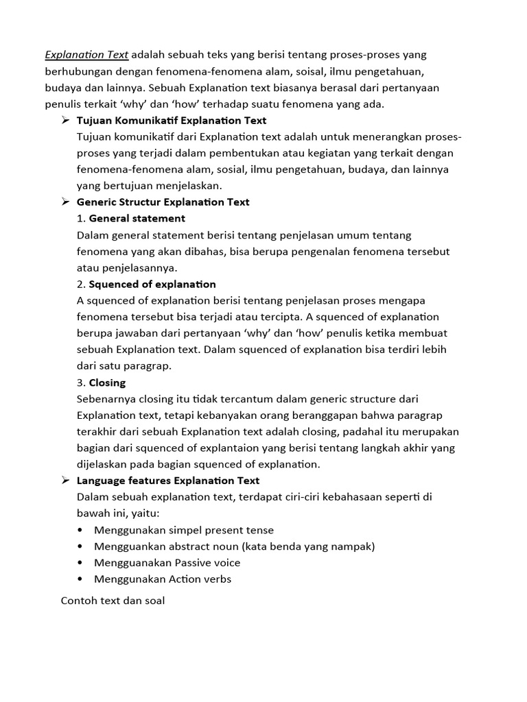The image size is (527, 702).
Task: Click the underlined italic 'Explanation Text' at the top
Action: pos(86,55)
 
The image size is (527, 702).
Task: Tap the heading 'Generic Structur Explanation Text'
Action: pos(163,202)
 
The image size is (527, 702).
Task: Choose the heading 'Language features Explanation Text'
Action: pos(168,481)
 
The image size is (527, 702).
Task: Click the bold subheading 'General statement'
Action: pos(137,219)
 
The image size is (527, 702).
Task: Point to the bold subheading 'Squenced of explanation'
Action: pos(152,284)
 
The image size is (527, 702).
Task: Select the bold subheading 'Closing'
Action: pos(107,383)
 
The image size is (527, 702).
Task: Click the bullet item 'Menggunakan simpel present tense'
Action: pos(184,530)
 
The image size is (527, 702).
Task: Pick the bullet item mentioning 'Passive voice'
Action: pos(167,563)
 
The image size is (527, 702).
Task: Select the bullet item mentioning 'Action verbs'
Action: pos(163,579)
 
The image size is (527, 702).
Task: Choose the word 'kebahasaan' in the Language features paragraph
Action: pos(351,497)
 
